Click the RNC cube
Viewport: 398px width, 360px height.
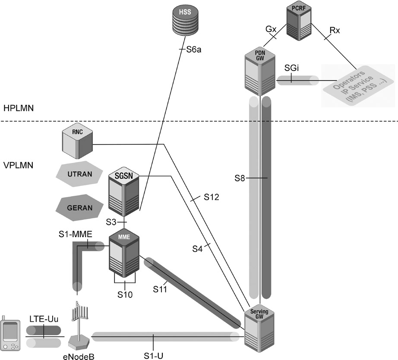[77, 138]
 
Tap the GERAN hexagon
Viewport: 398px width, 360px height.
[79, 207]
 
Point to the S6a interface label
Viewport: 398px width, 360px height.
[193, 50]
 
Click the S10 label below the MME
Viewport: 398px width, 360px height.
[125, 295]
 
